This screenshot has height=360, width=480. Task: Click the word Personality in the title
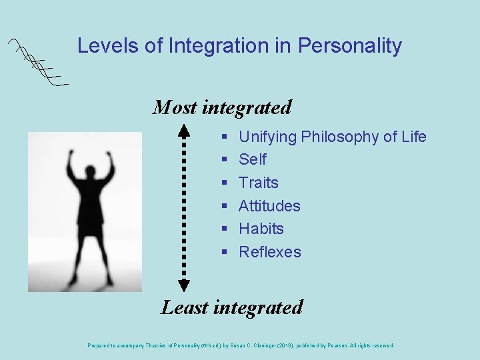[350, 46]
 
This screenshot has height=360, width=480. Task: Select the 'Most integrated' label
[222, 107]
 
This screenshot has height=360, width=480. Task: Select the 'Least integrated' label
[231, 307]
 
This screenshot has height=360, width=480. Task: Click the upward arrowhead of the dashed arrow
[185, 128]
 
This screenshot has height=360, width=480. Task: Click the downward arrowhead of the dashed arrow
[185, 285]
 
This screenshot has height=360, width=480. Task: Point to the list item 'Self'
[252, 159]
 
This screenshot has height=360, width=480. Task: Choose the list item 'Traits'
[259, 183]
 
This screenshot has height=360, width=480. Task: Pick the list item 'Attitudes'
[269, 206]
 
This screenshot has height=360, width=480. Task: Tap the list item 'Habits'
[261, 229]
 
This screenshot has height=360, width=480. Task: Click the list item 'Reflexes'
[270, 252]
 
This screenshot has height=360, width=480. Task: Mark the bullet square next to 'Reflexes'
[225, 252]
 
